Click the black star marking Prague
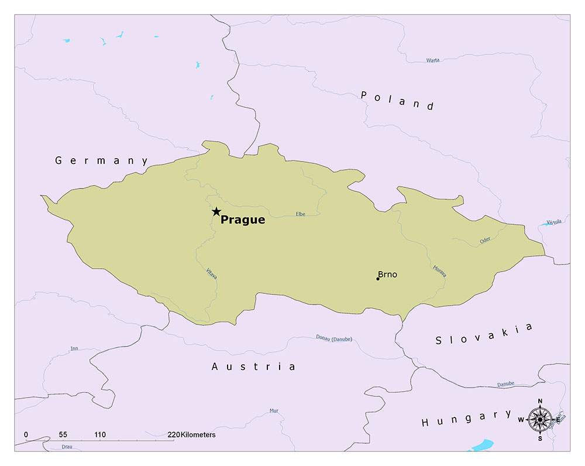[216, 211]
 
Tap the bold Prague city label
[243, 221]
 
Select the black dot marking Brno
[378, 279]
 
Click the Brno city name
[387, 274]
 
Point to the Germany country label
[102, 160]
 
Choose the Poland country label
[397, 100]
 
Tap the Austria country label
[253, 366]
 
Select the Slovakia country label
[484, 334]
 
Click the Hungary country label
[466, 418]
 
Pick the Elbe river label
[301, 214]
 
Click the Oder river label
[485, 240]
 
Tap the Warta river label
[433, 60]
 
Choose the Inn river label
[74, 348]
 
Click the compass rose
[540, 419]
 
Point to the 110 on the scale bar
[100, 435]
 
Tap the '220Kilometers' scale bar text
[191, 435]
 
